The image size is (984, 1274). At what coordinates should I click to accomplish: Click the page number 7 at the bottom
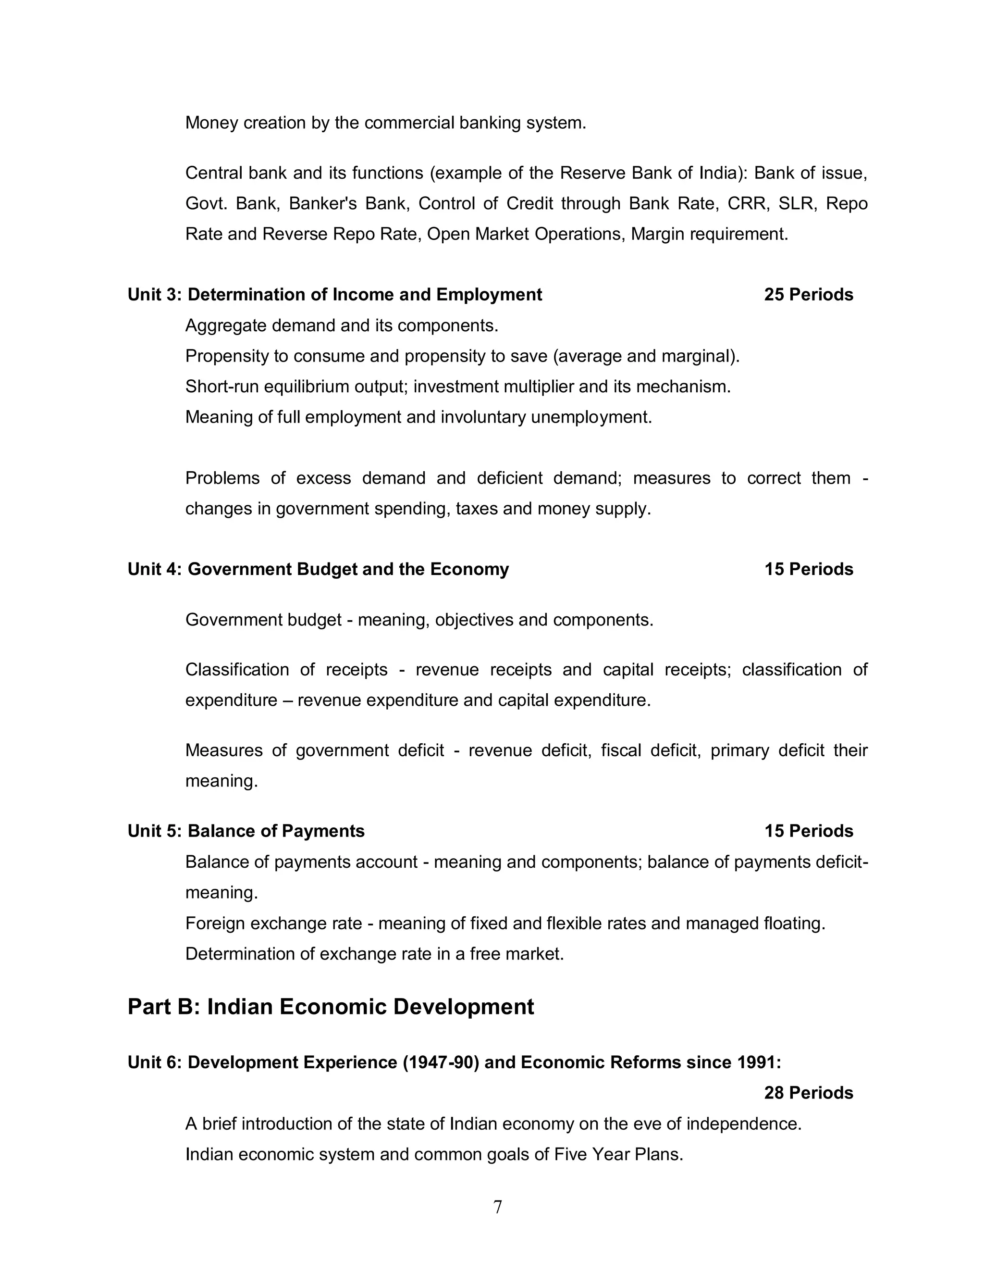coord(497,1206)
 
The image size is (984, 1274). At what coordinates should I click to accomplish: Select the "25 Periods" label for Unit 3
coord(808,295)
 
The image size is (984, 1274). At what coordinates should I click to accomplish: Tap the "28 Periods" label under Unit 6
coord(808,1093)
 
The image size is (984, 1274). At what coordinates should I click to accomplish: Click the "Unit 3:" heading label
coord(155,295)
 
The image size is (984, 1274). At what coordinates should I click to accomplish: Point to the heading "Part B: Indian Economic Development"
coord(331,1007)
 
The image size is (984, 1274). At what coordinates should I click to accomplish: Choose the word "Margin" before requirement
coord(658,234)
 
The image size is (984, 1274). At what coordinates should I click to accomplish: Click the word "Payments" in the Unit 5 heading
coord(323,831)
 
